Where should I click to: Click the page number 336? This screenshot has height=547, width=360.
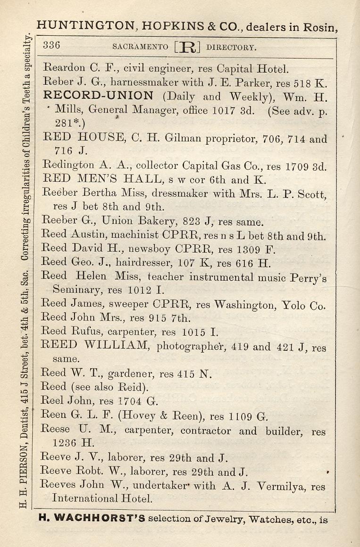51,46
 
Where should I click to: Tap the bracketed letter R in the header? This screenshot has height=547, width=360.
187,47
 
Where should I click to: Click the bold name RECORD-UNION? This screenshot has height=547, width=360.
98,96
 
